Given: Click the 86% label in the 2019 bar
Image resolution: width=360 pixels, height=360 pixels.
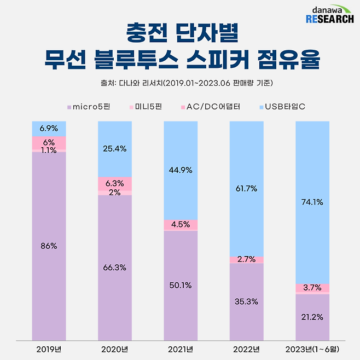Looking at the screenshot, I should click(x=49, y=246).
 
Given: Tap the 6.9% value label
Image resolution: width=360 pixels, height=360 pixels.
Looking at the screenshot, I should click(x=49, y=128).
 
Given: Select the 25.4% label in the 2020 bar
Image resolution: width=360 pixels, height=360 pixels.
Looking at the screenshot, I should click(x=115, y=148).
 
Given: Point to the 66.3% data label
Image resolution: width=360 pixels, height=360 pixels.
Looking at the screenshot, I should click(x=115, y=267).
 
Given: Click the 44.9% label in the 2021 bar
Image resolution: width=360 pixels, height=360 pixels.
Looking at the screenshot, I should click(x=181, y=170).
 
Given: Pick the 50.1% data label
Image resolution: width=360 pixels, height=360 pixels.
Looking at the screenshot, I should click(x=181, y=285).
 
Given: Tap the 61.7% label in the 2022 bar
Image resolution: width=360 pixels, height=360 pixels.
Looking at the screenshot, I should click(x=246, y=188).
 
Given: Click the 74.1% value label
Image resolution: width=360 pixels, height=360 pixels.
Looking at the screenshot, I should click(x=312, y=202).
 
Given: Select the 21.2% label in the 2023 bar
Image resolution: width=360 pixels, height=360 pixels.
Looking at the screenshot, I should click(x=312, y=316).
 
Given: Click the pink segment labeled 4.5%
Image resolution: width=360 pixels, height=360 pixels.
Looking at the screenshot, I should click(x=181, y=225).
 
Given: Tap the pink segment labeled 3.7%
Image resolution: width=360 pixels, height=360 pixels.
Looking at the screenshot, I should click(x=312, y=288).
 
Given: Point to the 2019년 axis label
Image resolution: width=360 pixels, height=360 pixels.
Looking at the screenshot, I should click(x=49, y=349).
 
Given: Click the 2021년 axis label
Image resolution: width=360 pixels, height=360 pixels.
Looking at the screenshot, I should click(x=181, y=349).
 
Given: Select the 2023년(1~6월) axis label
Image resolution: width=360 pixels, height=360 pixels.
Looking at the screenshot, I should click(x=312, y=349).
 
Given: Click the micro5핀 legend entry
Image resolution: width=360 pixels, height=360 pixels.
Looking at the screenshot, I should click(x=88, y=106).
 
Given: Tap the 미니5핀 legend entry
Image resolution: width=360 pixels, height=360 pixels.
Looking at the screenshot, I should click(x=149, y=106).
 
